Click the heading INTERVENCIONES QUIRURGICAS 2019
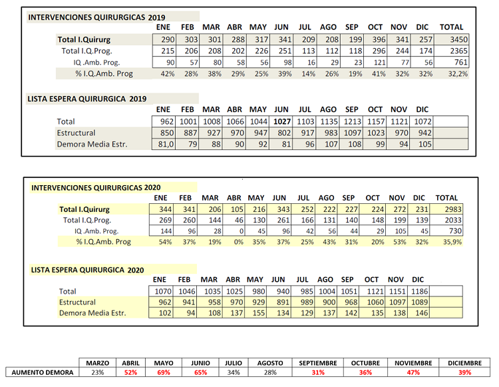96,17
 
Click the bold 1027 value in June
282,122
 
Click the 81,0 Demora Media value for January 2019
165,144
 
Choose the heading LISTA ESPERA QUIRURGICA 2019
86,98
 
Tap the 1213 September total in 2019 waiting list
353,122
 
